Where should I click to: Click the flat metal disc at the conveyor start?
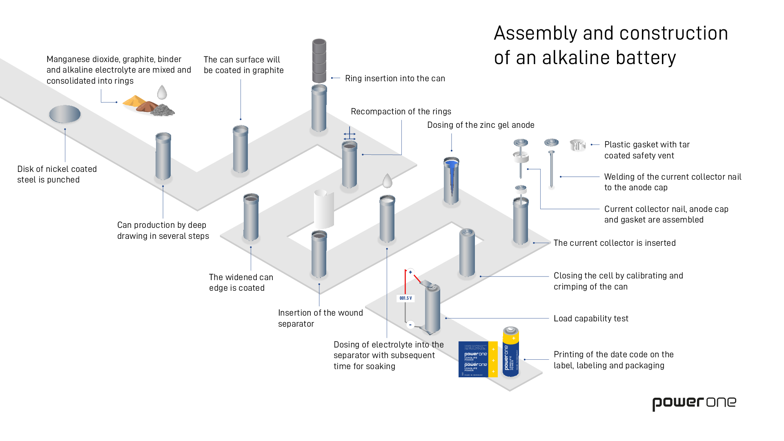(65, 114)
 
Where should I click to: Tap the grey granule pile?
(163, 110)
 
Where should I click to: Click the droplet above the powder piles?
(162, 92)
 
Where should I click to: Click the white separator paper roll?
(323, 209)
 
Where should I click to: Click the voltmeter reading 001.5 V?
(405, 298)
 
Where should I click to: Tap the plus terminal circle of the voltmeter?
(410, 272)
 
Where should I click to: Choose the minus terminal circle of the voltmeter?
(410, 325)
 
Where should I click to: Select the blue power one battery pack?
(477, 359)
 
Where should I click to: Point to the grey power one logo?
(694, 403)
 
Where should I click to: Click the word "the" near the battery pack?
(438, 345)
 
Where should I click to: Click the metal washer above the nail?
(551, 142)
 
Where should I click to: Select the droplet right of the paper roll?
(387, 180)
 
